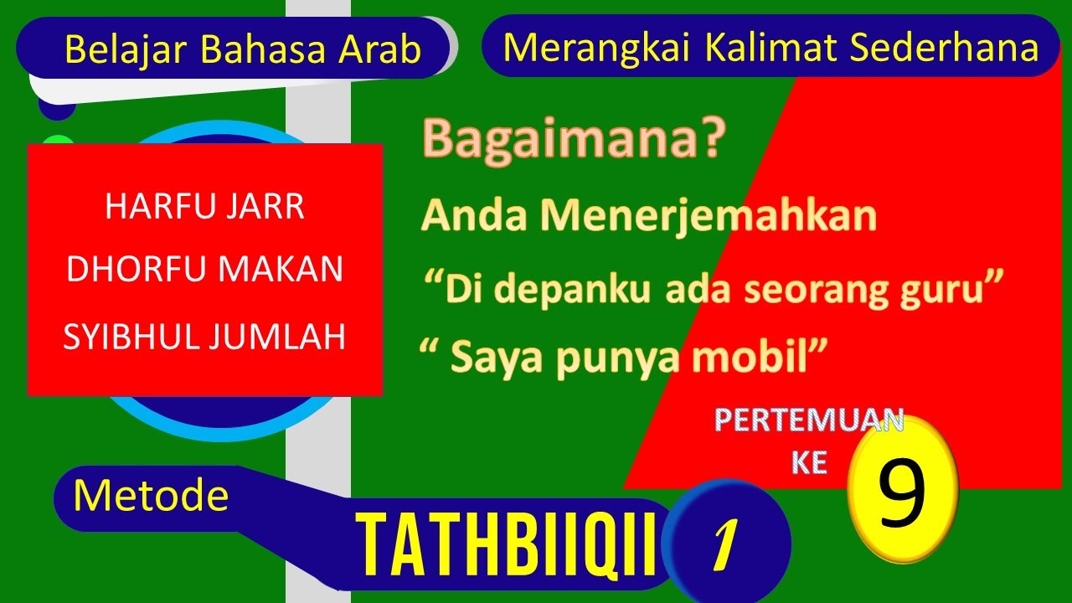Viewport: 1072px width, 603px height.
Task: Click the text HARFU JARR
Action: pos(204,208)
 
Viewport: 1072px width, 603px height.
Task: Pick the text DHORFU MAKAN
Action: pos(204,270)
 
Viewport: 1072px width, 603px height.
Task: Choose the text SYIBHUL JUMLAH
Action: pos(204,337)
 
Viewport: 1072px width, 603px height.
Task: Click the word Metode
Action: pos(151,496)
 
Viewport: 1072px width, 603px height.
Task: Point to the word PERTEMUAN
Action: pos(809,421)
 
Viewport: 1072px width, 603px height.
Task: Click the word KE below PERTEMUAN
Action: pos(809,463)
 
